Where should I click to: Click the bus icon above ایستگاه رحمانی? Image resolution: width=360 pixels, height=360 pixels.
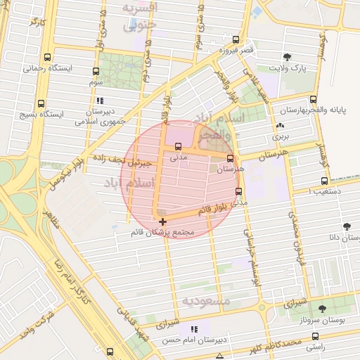click(x=47, y=58)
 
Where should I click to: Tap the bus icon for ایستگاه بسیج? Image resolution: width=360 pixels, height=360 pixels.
click(x=41, y=103)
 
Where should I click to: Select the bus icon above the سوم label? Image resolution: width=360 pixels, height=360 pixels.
click(x=96, y=71)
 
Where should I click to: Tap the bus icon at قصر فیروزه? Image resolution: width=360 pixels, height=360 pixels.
click(x=235, y=39)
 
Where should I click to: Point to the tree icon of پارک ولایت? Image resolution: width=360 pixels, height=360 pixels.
click(x=286, y=57)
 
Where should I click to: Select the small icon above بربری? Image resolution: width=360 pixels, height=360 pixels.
click(x=281, y=124)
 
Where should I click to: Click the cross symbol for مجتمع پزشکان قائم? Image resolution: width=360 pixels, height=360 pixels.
click(x=163, y=221)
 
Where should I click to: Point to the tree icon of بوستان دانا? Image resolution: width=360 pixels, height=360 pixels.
click(x=346, y=226)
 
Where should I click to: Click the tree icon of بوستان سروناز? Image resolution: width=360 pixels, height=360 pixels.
click(x=322, y=309)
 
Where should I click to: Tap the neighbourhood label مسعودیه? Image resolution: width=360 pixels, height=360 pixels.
click(x=206, y=301)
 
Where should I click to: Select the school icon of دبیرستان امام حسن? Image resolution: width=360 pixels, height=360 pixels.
click(x=195, y=329)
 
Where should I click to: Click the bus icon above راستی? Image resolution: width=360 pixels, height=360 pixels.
click(x=314, y=337)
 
